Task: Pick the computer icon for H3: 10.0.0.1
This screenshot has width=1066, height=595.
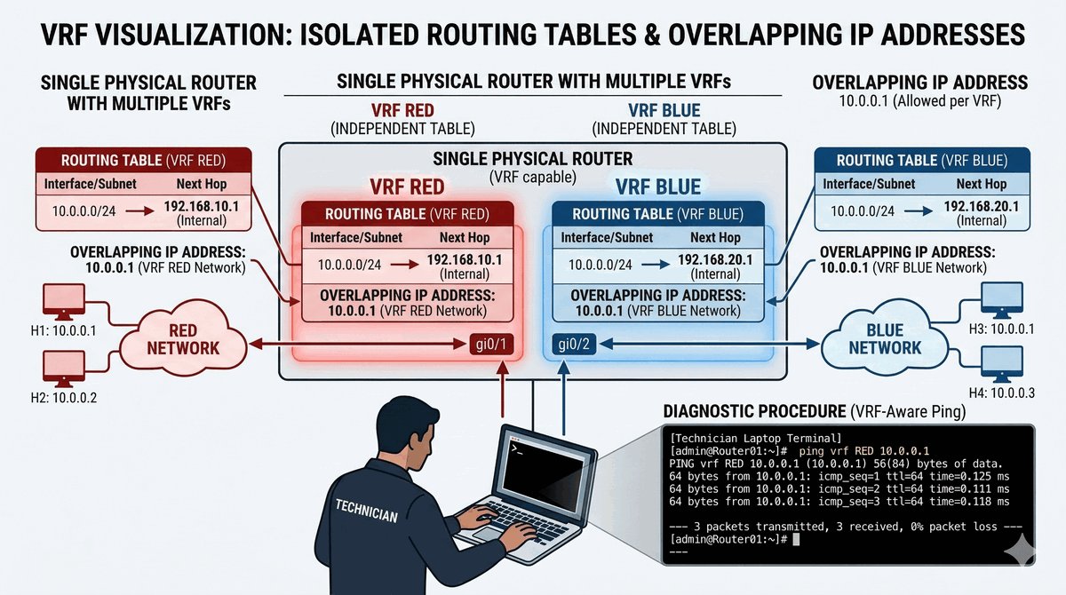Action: pos(1003,299)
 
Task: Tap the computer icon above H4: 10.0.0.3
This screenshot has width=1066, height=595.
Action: pos(1003,363)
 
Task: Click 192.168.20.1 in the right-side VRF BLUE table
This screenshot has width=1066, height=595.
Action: pos(981,206)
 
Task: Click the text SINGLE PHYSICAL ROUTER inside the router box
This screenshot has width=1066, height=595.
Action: pos(532,160)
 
